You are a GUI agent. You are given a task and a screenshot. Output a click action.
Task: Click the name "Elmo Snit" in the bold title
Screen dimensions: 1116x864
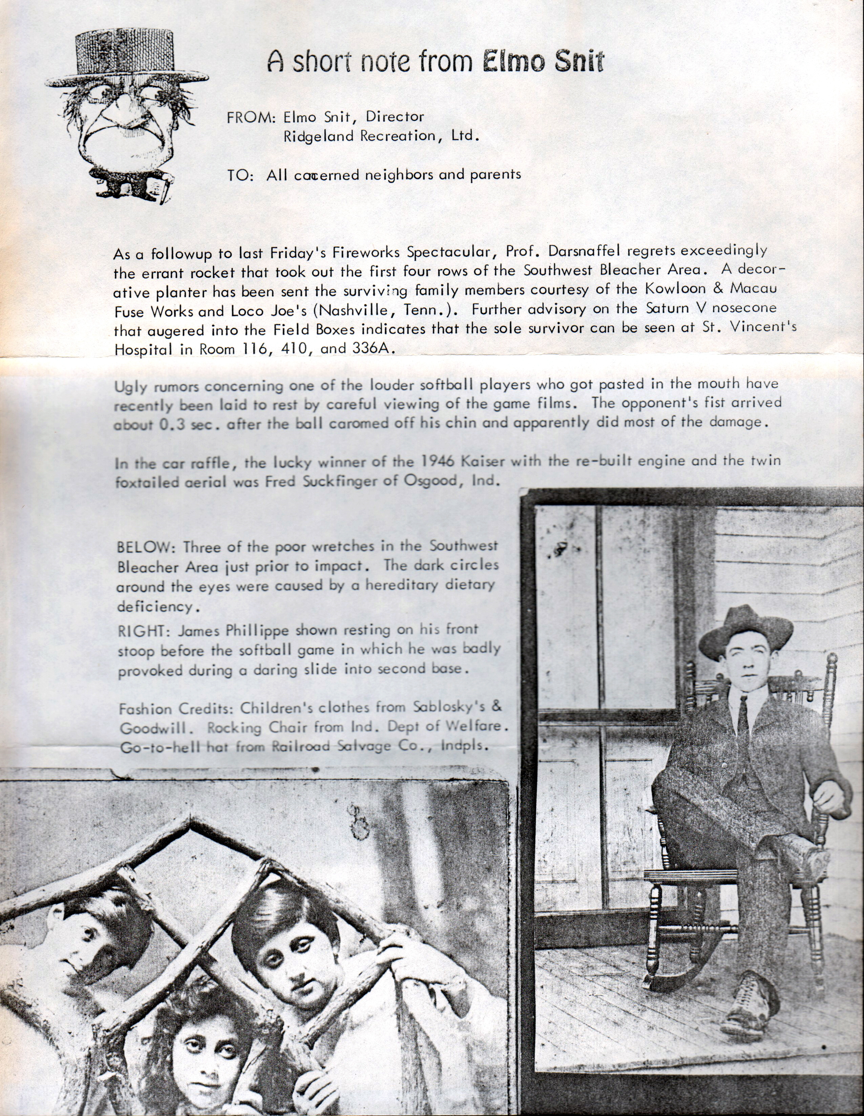click(543, 61)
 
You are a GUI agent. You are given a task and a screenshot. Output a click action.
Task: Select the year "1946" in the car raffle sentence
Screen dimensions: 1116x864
click(439, 461)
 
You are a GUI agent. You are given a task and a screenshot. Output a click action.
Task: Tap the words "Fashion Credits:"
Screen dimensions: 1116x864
click(177, 709)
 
